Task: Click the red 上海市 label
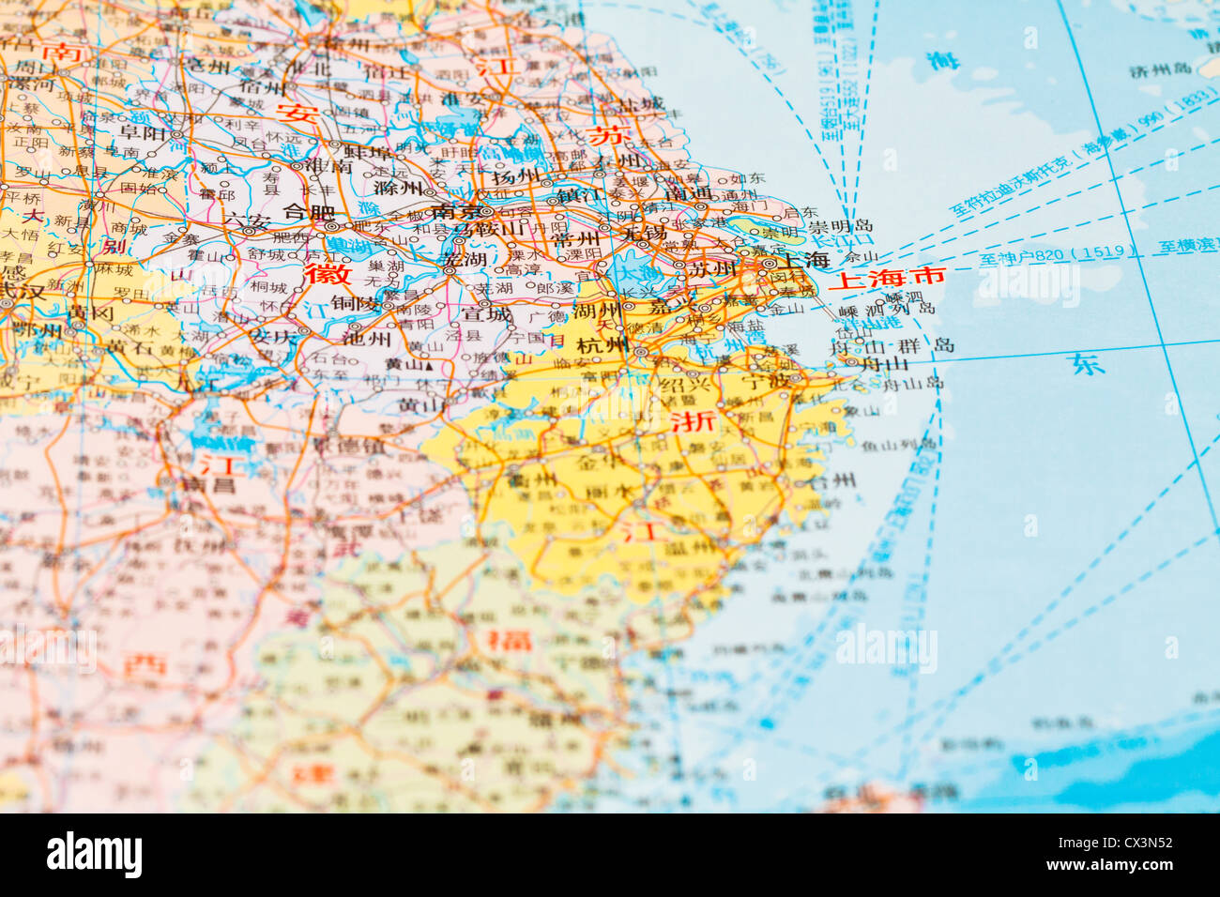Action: point(886,278)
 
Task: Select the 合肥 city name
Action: point(308,212)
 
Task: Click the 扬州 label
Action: point(516,176)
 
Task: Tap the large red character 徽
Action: point(328,274)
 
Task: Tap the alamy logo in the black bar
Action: point(94,855)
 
